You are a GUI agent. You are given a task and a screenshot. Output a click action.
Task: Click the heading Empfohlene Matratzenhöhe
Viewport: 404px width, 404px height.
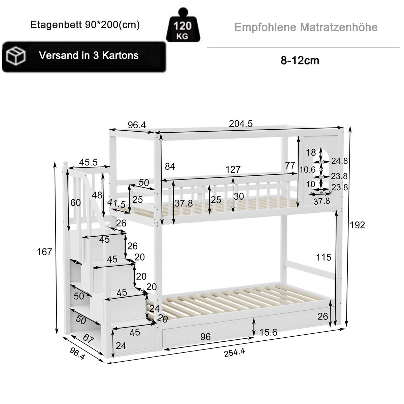click(306, 27)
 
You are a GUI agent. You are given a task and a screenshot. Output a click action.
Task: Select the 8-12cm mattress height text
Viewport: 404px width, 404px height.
click(300, 61)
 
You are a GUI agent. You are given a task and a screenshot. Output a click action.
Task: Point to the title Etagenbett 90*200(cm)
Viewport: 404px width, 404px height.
click(85, 25)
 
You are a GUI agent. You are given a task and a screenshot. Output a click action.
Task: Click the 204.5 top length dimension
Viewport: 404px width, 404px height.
click(241, 124)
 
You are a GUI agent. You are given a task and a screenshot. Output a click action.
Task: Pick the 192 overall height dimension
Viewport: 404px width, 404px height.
click(357, 225)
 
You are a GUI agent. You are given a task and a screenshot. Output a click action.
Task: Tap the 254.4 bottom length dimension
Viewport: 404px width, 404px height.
click(235, 352)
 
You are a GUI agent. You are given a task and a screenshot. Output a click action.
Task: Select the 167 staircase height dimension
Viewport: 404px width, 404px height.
click(44, 251)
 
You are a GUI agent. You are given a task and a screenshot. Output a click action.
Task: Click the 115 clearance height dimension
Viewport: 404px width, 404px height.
click(324, 257)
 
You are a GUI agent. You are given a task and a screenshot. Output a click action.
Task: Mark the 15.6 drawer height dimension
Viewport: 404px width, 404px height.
click(268, 333)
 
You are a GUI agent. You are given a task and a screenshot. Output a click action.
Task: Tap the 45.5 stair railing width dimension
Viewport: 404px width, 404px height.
click(88, 162)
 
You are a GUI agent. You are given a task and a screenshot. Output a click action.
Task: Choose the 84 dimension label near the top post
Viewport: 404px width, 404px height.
click(170, 167)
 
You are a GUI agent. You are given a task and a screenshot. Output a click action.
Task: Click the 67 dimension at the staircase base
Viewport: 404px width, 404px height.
click(88, 339)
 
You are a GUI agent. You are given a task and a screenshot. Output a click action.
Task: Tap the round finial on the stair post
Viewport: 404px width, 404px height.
click(65, 164)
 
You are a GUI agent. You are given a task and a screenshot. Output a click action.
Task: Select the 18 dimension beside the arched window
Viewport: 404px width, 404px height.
click(311, 152)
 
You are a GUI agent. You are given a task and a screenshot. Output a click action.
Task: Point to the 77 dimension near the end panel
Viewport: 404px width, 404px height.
click(290, 165)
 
